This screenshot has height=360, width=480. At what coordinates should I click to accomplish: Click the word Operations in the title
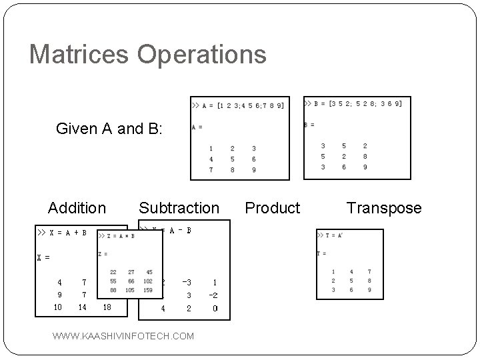201,54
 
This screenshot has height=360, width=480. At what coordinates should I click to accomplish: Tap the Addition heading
77,208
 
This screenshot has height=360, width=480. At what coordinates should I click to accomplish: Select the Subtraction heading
179,208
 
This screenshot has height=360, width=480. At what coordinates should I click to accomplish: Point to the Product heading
273,208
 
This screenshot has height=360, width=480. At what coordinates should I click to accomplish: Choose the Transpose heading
384,208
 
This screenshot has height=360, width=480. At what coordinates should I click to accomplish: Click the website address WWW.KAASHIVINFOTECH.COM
123,336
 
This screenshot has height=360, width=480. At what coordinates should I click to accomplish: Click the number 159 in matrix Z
148,290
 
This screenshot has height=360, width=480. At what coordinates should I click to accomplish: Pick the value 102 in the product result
148,281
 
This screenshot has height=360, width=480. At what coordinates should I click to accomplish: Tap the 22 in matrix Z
113,272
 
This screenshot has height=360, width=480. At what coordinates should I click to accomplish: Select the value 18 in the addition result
107,307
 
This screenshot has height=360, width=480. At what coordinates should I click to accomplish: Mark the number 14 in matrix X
83,307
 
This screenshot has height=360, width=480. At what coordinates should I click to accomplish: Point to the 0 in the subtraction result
215,309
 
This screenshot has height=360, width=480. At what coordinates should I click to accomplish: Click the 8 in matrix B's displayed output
365,157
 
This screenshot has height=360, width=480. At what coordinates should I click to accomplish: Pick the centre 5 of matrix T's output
351,281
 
